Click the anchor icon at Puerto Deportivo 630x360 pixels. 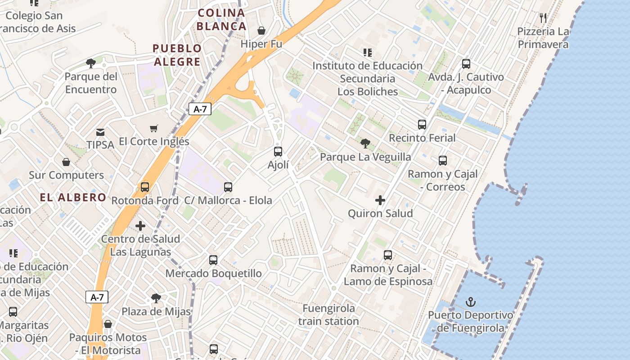(471, 301)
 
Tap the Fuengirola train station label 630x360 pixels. (328, 315)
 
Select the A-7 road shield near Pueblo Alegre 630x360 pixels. (200, 109)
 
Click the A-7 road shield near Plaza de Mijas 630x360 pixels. (97, 297)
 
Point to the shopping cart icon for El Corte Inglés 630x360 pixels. (154, 128)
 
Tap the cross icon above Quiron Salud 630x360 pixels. (380, 200)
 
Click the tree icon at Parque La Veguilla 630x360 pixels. (365, 144)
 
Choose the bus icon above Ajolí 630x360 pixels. (278, 152)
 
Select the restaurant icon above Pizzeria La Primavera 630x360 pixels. (543, 18)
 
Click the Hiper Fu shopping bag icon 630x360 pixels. (261, 31)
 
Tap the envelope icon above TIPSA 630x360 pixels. (100, 132)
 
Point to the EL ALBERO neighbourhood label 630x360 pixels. (73, 197)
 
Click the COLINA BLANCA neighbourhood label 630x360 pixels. (221, 19)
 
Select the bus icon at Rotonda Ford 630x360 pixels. (145, 187)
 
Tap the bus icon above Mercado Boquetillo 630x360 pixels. (213, 260)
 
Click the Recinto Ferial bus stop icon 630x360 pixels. (422, 125)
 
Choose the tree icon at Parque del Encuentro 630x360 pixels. (90, 63)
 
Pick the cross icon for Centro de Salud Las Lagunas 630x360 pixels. (140, 225)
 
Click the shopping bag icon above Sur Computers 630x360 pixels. (66, 162)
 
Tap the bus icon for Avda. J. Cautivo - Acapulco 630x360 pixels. (466, 64)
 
